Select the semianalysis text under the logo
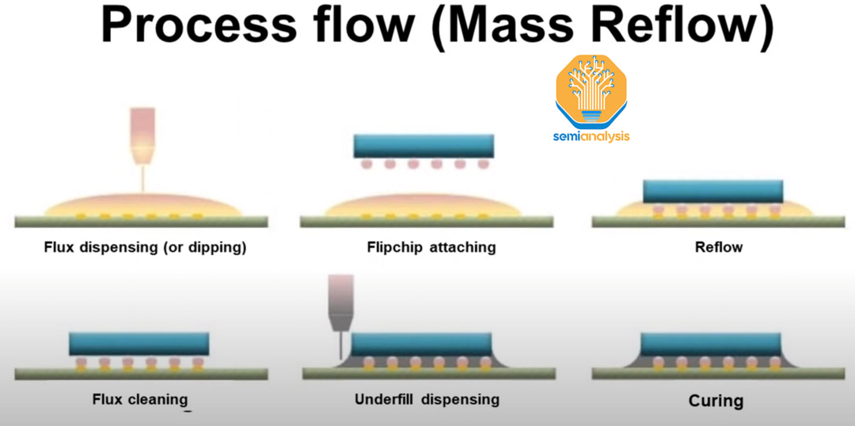[591, 136]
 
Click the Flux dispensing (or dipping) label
[145, 247]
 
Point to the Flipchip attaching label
[431, 247]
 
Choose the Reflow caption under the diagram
[719, 247]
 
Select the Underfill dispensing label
[427, 398]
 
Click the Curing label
[716, 400]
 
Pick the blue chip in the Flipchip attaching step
[424, 145]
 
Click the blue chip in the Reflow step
[712, 190]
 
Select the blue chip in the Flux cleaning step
[139, 343]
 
